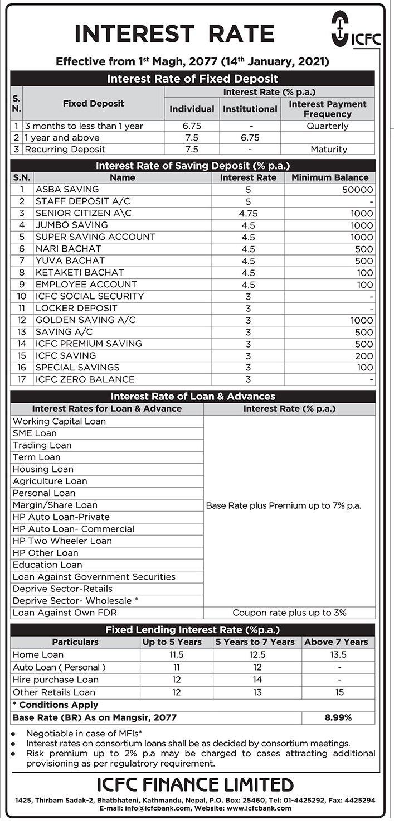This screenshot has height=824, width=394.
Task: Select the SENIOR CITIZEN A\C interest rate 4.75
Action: coord(248,213)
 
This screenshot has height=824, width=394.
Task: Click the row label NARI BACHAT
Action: coord(68,249)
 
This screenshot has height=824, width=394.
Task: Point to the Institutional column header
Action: coord(250,109)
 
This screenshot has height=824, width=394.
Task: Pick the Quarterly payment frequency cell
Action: coord(327,126)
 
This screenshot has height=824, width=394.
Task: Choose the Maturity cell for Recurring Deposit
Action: coord(327,150)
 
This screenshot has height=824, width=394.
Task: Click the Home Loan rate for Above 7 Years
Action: coord(338,654)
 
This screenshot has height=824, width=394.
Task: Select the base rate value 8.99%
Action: coord(338,717)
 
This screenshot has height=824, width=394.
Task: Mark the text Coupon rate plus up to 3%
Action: coord(289,613)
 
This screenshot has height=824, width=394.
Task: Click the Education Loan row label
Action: coord(47,565)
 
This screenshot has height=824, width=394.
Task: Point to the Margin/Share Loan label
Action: coord(55,505)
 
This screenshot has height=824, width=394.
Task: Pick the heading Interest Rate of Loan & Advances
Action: coord(193,396)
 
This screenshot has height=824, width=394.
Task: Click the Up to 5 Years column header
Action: coord(172,642)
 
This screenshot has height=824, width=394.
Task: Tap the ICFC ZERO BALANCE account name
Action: coord(85,379)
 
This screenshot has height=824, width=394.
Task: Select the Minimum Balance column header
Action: coord(330,177)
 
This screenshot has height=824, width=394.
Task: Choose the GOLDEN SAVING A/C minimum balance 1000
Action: coord(362,320)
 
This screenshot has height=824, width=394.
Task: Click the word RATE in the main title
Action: coord(241,35)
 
